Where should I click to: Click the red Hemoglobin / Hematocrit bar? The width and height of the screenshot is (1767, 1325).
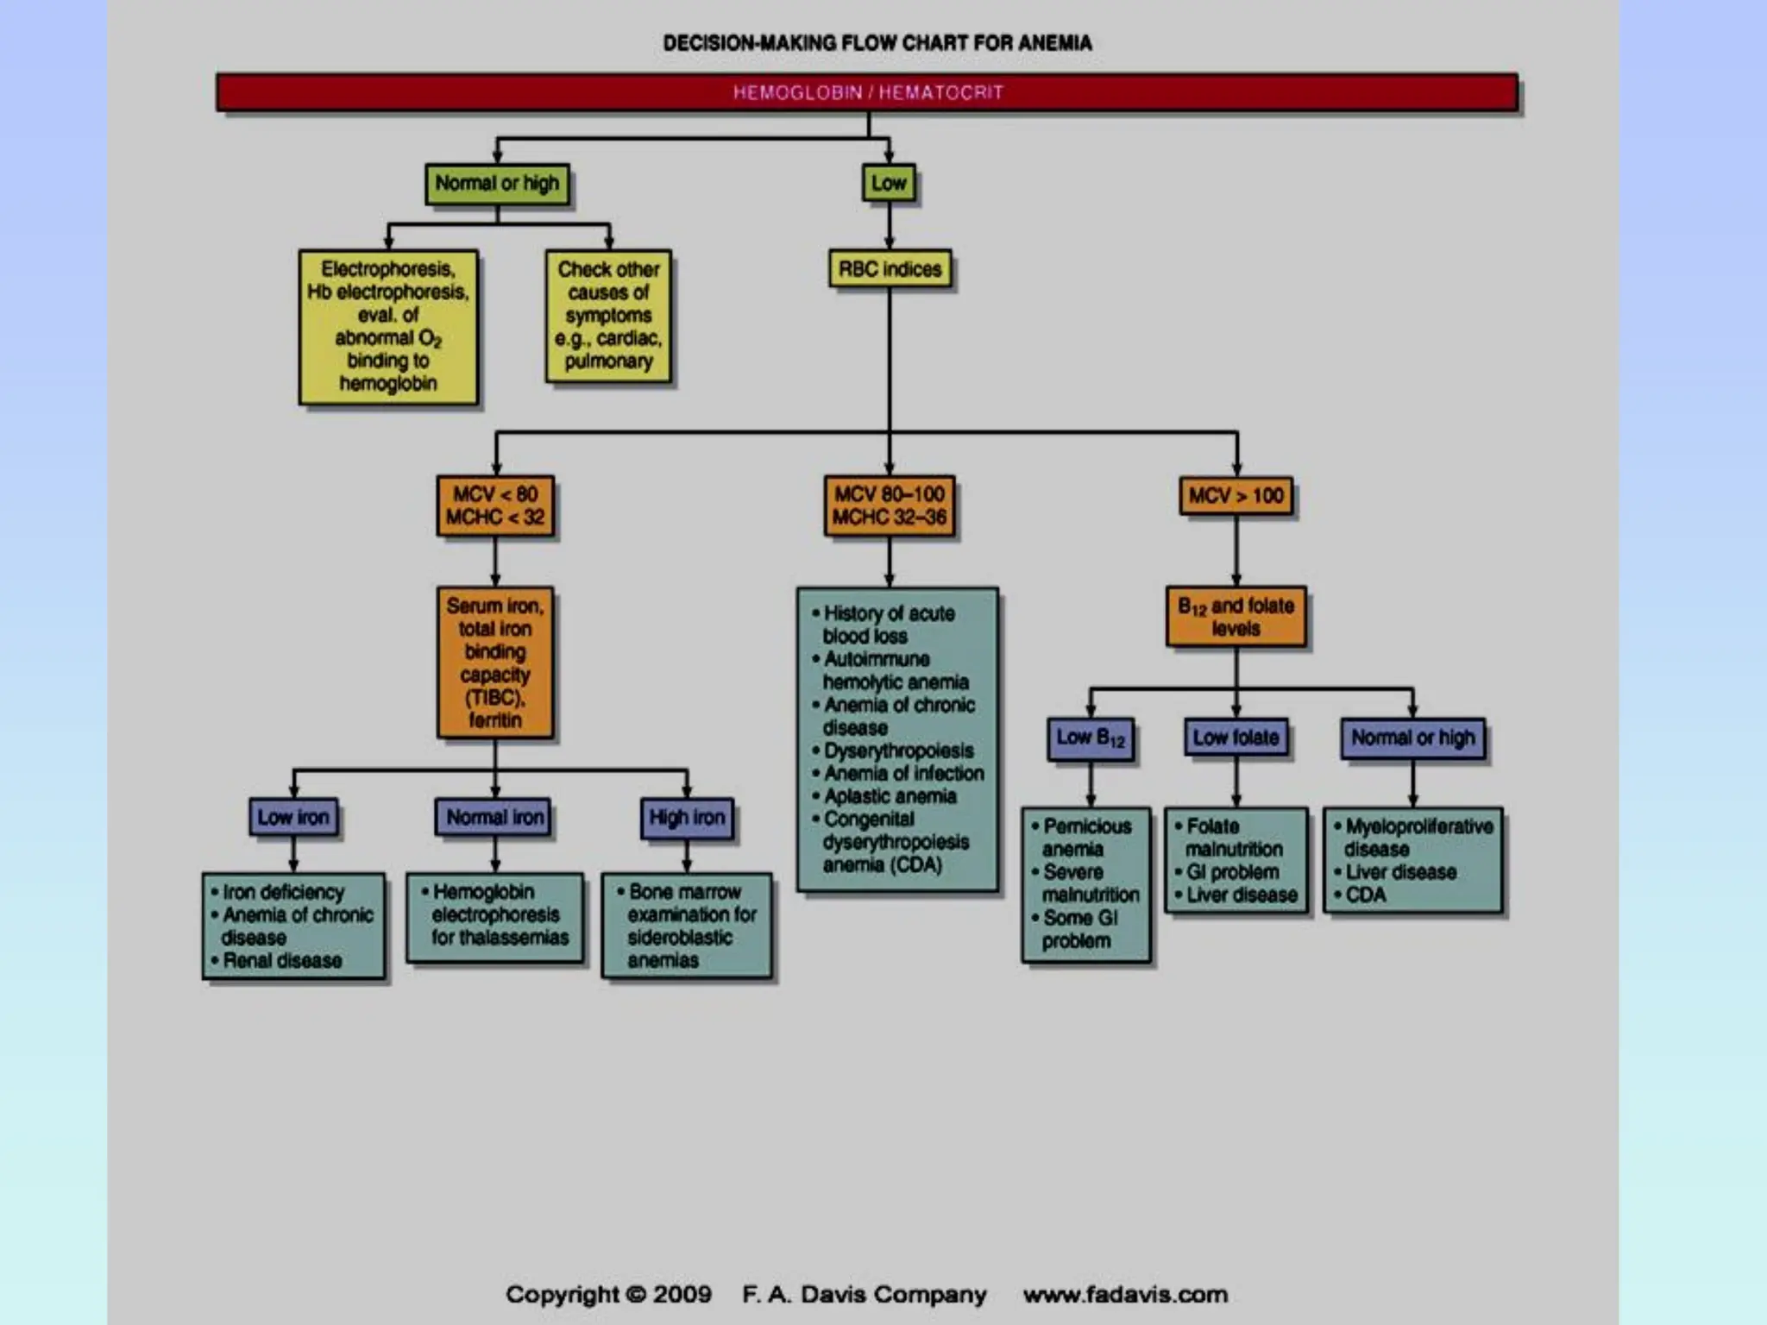point(867,92)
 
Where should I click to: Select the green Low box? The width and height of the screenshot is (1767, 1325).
point(889,184)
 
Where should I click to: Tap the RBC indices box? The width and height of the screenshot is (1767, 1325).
point(890,270)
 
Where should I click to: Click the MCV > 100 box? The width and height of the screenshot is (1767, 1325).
point(1236,496)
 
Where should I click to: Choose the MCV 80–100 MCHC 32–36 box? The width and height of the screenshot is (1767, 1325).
point(889,506)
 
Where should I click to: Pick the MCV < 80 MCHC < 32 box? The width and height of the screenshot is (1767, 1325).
point(495,506)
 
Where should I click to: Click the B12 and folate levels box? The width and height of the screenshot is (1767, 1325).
point(1236,617)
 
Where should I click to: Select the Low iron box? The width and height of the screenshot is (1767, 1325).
point(293,817)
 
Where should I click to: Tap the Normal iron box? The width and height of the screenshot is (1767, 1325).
point(494,817)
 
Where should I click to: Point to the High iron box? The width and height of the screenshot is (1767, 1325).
point(687,817)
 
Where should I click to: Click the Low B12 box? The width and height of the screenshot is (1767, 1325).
point(1091,738)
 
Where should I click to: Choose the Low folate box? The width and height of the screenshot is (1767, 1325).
point(1236,738)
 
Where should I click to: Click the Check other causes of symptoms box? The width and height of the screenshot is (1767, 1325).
point(608,316)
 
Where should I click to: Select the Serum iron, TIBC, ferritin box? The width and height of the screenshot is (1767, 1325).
point(495,662)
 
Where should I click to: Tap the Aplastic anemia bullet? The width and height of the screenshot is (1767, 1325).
point(890,796)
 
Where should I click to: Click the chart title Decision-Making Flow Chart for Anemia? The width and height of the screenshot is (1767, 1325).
point(877,43)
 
